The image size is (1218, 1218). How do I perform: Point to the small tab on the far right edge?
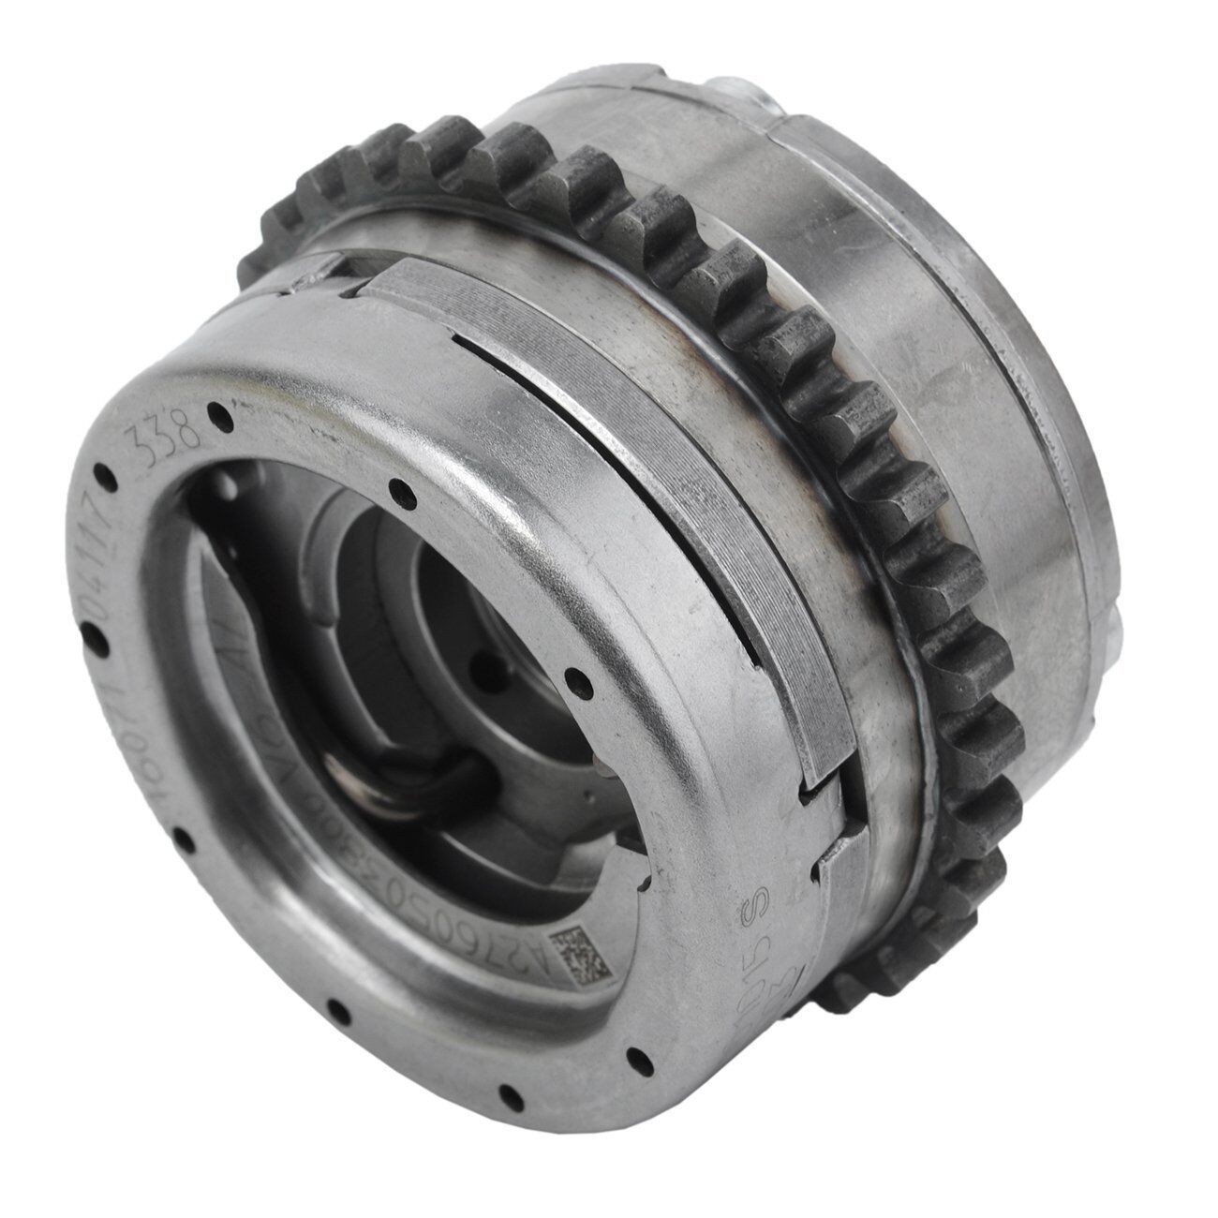(1124, 646)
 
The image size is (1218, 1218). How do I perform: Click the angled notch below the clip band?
(824, 824)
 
